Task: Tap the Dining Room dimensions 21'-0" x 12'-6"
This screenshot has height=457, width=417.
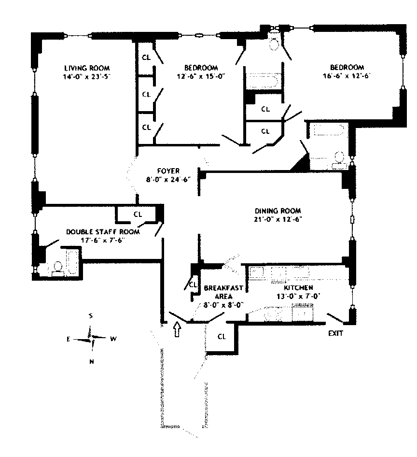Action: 278,219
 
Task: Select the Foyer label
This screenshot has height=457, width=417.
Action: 168,171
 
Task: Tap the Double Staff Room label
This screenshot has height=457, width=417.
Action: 103,232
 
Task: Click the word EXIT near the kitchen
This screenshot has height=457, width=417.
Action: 336,333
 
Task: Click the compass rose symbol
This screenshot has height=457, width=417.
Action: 91,338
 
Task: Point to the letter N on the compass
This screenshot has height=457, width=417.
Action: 91,361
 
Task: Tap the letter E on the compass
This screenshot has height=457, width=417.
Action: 69,339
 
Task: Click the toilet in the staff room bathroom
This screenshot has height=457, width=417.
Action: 57,267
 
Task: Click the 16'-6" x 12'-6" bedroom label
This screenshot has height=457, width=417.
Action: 347,67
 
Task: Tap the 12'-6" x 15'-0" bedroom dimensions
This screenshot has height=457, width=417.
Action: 201,76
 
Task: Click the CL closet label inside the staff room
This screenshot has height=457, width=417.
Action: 138,214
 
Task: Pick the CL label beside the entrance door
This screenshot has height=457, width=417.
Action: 222,336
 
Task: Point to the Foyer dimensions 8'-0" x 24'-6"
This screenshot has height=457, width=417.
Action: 168,179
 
